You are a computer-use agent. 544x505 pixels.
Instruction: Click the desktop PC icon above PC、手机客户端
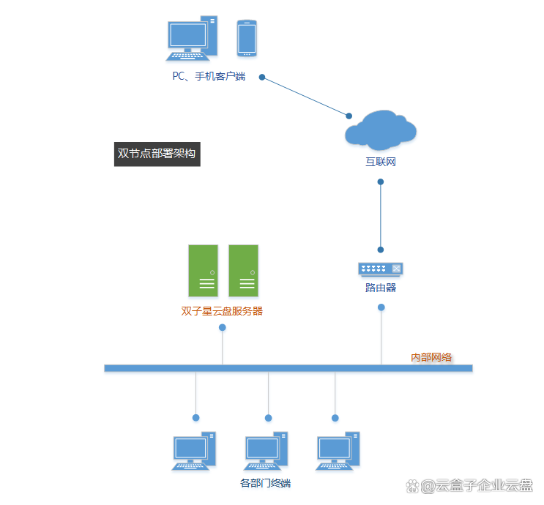coord(192,39)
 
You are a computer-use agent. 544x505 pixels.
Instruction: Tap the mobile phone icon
coord(246,38)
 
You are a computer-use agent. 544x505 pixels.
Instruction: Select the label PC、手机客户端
coord(208,76)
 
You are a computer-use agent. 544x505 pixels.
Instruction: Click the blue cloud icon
coord(380,130)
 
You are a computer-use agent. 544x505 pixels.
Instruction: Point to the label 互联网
coord(380,162)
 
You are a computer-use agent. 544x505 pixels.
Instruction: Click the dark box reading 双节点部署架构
coord(157,154)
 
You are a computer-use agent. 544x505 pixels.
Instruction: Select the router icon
coord(381,269)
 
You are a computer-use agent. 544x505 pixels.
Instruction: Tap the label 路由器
coord(381,288)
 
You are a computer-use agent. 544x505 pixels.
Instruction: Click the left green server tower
coord(204,270)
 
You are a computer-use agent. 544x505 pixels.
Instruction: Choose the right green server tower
coord(244,270)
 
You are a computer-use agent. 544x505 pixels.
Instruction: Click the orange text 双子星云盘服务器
coord(222,311)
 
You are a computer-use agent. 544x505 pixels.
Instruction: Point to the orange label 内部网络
coord(431,357)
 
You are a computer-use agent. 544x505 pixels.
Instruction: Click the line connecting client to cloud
coord(305,96)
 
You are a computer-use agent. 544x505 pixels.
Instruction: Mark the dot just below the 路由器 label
coord(381,307)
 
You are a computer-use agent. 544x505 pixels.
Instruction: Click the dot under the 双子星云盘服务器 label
coord(222,327)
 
